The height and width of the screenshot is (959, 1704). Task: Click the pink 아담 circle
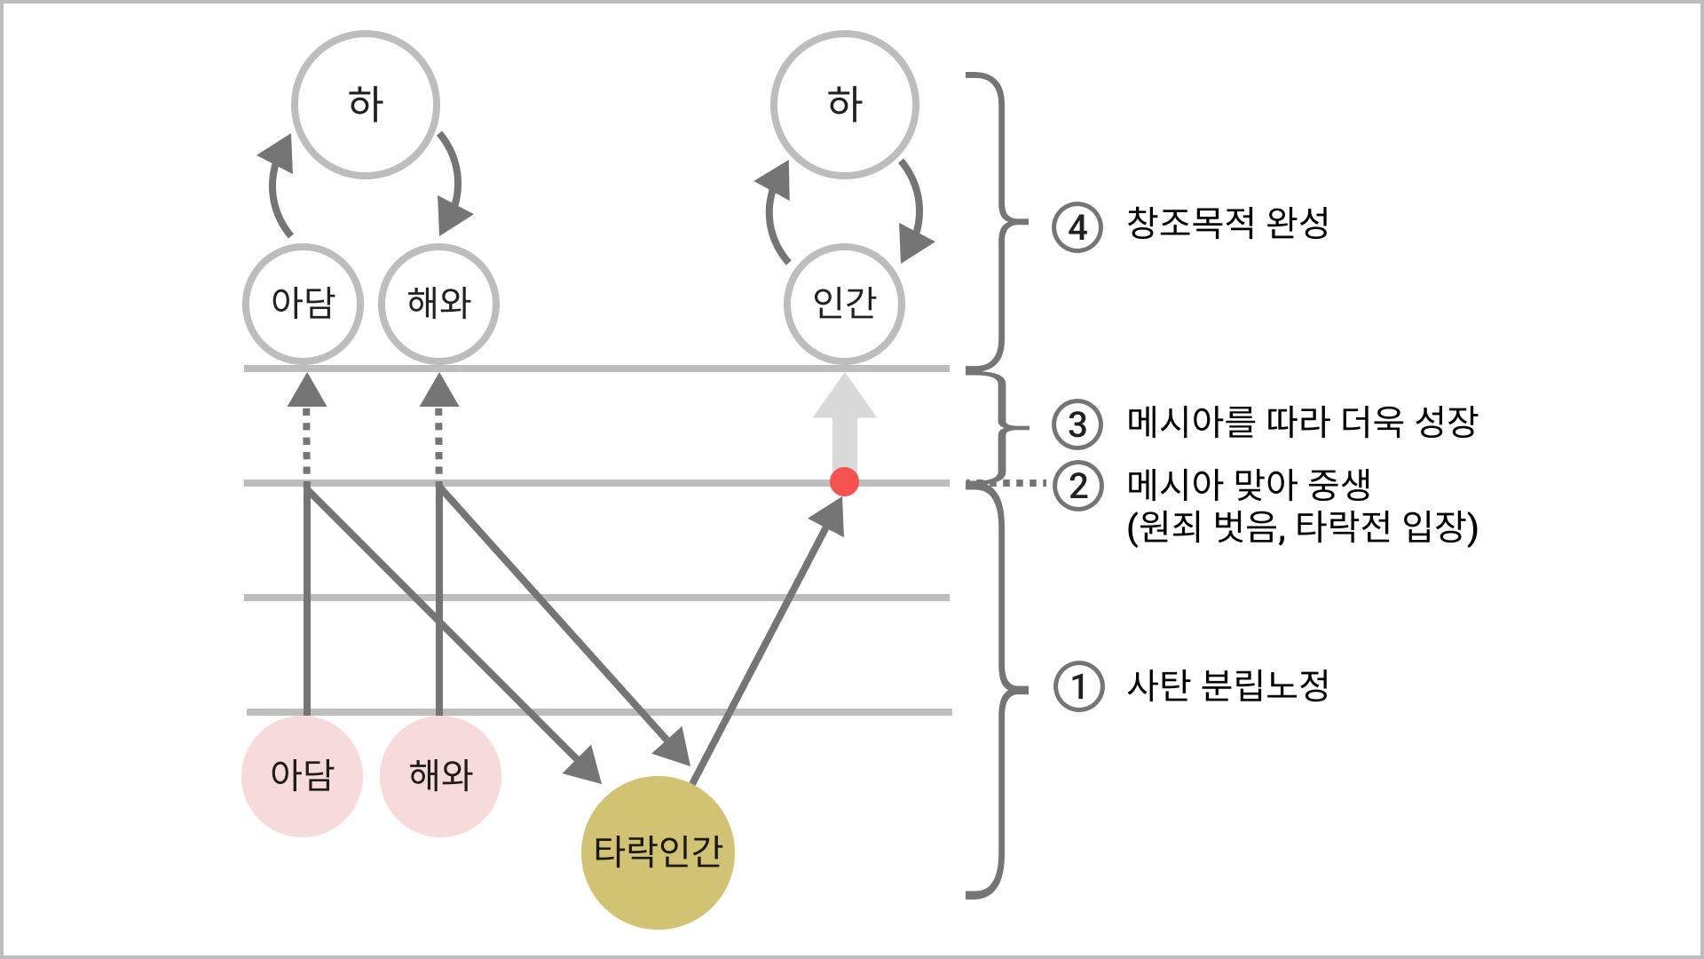[x=302, y=776]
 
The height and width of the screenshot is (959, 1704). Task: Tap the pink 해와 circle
[x=440, y=776]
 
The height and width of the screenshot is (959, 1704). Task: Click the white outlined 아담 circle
[x=303, y=304]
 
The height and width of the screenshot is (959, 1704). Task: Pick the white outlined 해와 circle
[x=438, y=304]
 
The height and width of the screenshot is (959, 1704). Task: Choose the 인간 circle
[x=844, y=304]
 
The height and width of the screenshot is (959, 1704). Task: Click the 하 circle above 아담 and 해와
[x=366, y=105]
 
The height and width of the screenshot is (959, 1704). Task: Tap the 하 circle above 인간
[x=845, y=105]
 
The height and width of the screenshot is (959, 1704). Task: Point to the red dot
[x=844, y=482]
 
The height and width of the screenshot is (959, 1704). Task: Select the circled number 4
[x=1077, y=227]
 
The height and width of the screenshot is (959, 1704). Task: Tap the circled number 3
[x=1077, y=424]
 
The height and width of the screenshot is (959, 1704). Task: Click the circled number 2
[x=1077, y=487]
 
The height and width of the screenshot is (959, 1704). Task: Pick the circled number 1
[x=1078, y=686]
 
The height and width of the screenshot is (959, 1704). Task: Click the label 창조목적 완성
[x=1227, y=223]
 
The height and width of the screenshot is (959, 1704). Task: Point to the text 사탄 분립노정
[x=1227, y=686]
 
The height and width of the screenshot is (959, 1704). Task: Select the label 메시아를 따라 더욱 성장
[x=1302, y=422]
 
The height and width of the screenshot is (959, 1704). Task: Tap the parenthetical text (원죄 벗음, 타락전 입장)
[x=1302, y=527]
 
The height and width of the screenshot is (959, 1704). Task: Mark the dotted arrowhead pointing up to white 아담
[x=307, y=391]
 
